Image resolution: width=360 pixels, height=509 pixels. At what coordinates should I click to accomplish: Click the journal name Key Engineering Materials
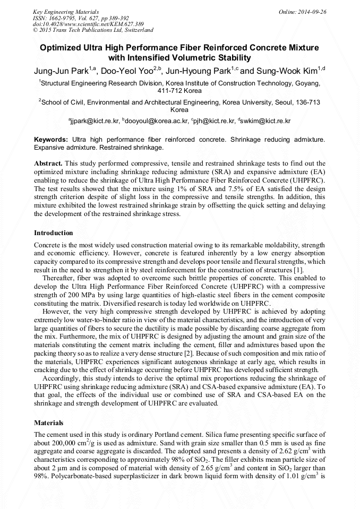point(66,11)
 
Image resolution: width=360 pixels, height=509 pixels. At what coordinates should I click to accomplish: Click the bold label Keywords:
point(51,139)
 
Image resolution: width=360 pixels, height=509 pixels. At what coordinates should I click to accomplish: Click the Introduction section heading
point(54,232)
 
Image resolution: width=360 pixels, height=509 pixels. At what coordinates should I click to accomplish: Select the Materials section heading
point(49,423)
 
